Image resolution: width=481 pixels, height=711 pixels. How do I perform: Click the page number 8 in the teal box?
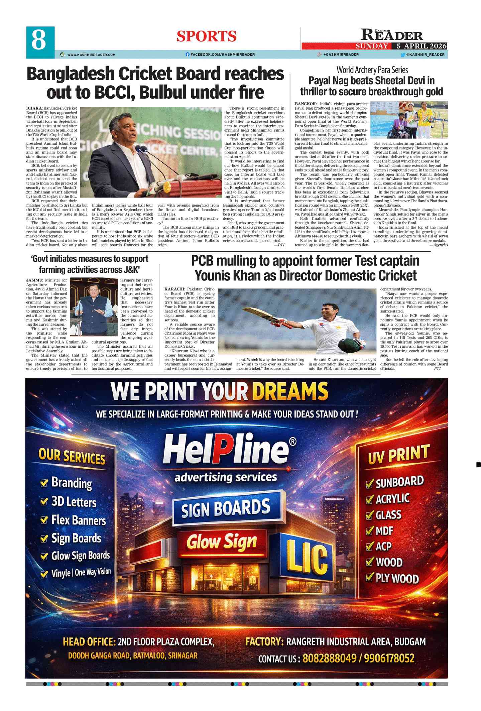pyautogui.click(x=38, y=40)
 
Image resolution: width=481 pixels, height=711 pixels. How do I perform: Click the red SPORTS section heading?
pyautogui.click(x=206, y=36)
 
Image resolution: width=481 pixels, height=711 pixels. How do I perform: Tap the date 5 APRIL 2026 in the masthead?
pyautogui.click(x=422, y=46)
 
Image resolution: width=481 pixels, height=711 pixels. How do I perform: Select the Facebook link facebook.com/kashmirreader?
pyautogui.click(x=220, y=54)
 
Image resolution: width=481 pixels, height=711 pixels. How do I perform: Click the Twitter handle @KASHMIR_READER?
pyautogui.click(x=425, y=54)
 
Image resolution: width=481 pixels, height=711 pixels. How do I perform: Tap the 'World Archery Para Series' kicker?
pyautogui.click(x=372, y=70)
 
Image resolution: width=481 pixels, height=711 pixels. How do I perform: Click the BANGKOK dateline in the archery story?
pyautogui.click(x=306, y=104)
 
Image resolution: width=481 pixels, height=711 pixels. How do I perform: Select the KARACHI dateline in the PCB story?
pyautogui.click(x=174, y=289)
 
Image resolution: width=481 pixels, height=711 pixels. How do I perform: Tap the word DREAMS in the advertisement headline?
pyautogui.click(x=290, y=391)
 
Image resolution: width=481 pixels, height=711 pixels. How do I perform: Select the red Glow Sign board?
pyautogui.click(x=222, y=542)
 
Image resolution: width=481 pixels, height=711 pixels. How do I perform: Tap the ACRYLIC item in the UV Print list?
pyautogui.click(x=392, y=499)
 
